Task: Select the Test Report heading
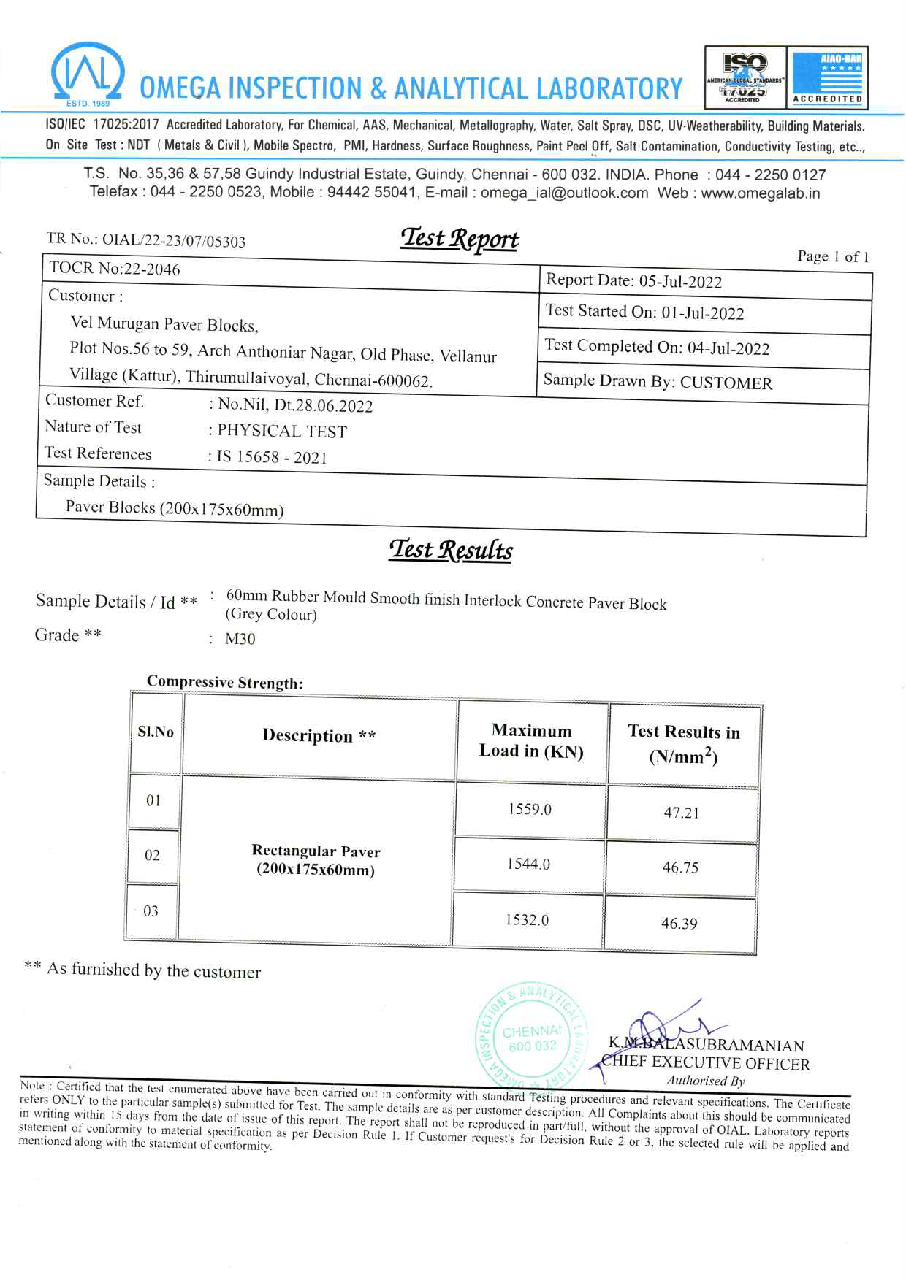[x=459, y=239]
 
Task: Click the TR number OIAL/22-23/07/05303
[x=174, y=241]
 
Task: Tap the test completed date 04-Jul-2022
[x=728, y=348]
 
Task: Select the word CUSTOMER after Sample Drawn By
[x=726, y=383]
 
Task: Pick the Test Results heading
[x=451, y=550]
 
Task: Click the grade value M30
[x=240, y=640]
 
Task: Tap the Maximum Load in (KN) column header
[x=531, y=741]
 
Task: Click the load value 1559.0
[x=530, y=810]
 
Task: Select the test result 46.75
[x=680, y=868]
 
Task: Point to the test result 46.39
[x=679, y=924]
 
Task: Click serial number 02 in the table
[x=152, y=855]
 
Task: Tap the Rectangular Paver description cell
[x=316, y=860]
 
